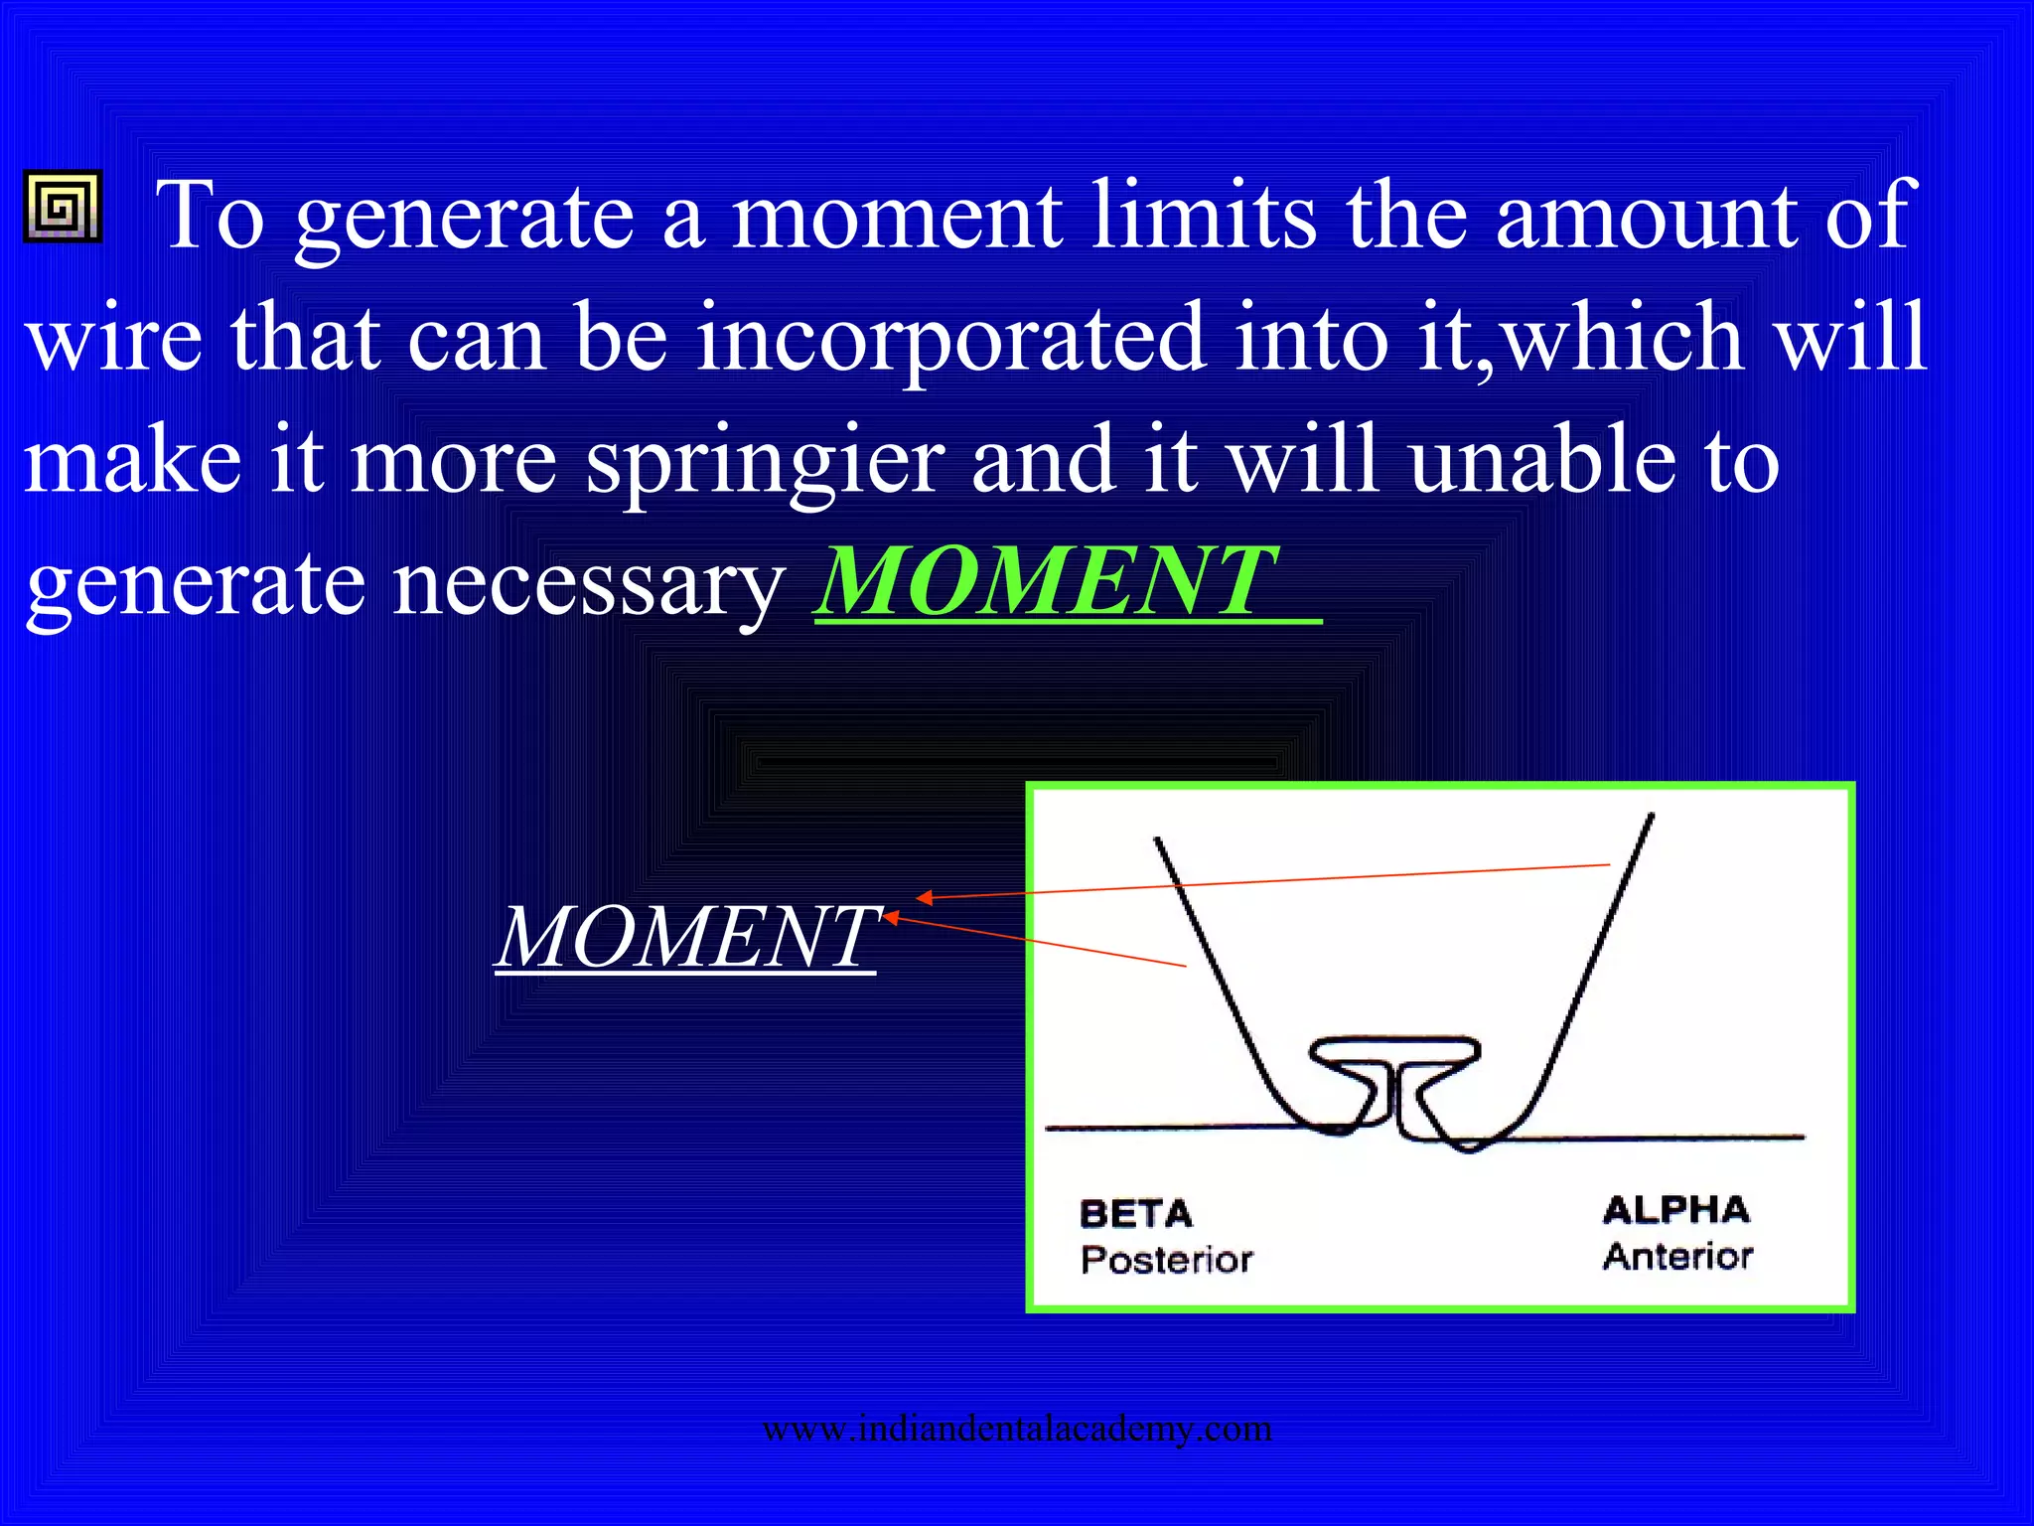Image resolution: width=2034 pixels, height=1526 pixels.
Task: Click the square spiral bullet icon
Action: tap(62, 207)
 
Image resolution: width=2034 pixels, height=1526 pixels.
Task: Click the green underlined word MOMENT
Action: tap(1049, 581)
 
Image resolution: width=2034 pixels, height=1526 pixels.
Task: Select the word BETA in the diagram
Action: tap(1135, 1214)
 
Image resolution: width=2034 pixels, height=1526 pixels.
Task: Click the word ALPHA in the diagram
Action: tap(1675, 1210)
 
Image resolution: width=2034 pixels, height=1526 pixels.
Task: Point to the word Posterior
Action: tap(1166, 1260)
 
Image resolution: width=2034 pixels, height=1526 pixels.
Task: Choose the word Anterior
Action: tap(1677, 1257)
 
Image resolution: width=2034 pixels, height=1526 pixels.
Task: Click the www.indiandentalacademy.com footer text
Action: tap(1017, 1429)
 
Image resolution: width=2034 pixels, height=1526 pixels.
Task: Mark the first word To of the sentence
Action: tap(210, 216)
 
